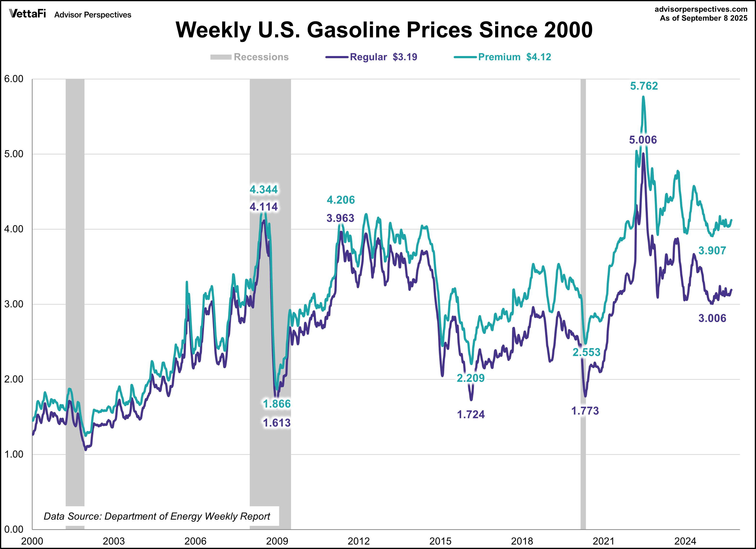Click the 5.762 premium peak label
[644, 86]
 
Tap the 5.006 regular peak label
[643, 140]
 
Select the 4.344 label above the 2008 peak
[263, 190]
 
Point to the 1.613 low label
[277, 423]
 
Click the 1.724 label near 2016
[471, 415]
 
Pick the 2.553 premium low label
[586, 352]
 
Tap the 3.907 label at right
[712, 251]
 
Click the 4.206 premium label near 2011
[341, 200]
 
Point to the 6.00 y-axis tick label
[14, 79]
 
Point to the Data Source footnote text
[157, 516]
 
